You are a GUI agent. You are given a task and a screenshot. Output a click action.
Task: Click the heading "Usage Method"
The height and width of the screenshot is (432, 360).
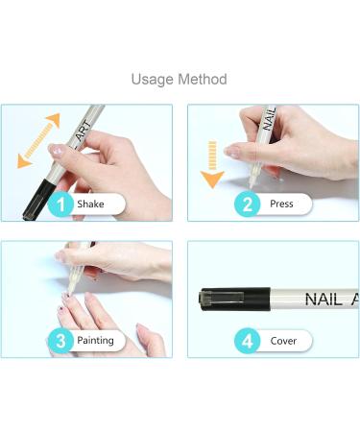click(180, 79)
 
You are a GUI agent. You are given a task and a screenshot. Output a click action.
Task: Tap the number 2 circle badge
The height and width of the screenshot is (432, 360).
click(247, 204)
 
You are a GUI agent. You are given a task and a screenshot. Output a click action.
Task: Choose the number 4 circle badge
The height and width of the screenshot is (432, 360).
click(247, 340)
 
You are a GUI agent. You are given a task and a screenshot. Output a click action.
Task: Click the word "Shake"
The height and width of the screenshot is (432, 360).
click(91, 204)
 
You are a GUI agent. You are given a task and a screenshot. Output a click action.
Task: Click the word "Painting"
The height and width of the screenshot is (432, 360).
click(96, 340)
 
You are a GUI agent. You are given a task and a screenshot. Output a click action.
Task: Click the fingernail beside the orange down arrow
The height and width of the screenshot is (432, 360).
click(233, 152)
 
